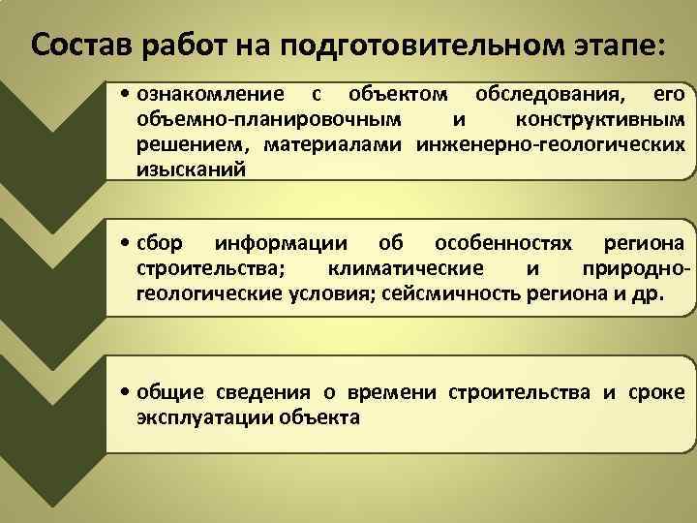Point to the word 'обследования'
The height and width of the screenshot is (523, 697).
click(x=548, y=95)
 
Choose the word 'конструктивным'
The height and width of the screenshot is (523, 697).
click(x=601, y=120)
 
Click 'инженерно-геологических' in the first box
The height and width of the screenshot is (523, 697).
click(x=551, y=145)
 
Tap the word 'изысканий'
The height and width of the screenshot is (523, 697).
click(x=192, y=169)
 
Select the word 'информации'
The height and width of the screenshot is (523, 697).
click(x=284, y=242)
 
